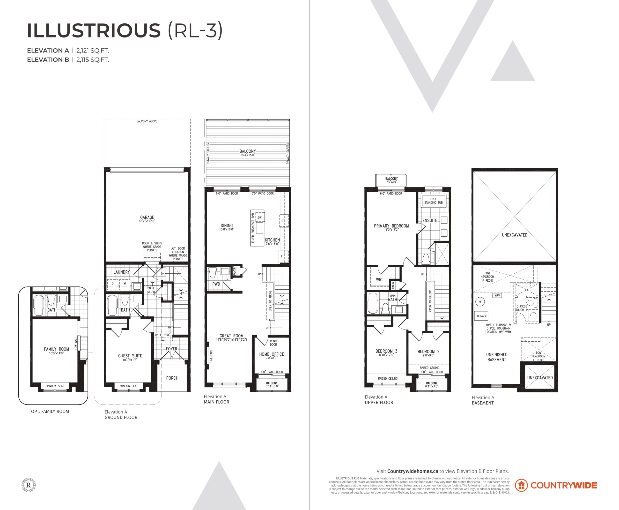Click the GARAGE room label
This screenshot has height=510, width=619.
[x=147, y=217]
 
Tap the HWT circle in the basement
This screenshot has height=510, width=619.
[x=480, y=302]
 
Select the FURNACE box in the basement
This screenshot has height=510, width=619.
[x=481, y=316]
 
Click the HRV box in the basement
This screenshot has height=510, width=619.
[x=497, y=296]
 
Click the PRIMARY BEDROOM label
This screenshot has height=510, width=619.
[x=391, y=226]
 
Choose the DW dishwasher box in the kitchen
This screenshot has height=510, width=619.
[x=260, y=218]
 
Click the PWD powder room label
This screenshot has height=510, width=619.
[x=216, y=284]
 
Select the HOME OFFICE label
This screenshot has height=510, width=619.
[x=272, y=354]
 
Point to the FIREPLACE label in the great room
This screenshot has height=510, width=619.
[x=211, y=356]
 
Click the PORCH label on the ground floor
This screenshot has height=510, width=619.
[x=172, y=378]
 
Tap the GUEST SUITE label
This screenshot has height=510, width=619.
[x=130, y=356]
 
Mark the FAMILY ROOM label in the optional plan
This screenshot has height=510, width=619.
[x=56, y=349]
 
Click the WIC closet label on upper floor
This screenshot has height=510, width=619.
[x=379, y=280]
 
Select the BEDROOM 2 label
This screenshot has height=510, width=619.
[x=428, y=352]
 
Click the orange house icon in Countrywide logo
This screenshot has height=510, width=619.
[x=521, y=485]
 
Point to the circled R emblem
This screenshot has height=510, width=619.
[x=29, y=485]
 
